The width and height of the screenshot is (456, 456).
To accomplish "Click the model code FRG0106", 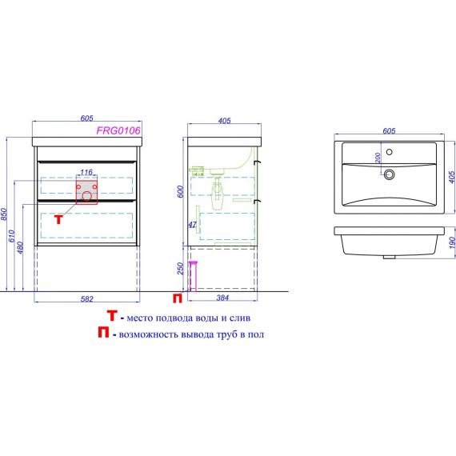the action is pyautogui.click(x=118, y=130).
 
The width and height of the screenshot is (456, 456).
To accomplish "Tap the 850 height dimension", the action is pyautogui.click(x=4, y=214).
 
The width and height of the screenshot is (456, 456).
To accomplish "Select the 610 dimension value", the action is pyautogui.click(x=12, y=236).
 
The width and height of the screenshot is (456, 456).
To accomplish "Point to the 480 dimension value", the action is pyautogui.click(x=20, y=247).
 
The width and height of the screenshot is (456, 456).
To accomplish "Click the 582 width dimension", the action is pyautogui.click(x=87, y=299).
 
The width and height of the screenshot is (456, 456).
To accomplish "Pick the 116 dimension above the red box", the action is pyautogui.click(x=86, y=172).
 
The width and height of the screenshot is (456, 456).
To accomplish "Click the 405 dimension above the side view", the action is pyautogui.click(x=224, y=120).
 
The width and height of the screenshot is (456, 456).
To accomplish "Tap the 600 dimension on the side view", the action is pyautogui.click(x=181, y=192).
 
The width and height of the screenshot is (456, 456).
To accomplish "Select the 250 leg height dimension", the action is pyautogui.click(x=181, y=268).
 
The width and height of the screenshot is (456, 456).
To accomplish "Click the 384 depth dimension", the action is pyautogui.click(x=222, y=298).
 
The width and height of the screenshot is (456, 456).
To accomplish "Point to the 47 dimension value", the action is pyautogui.click(x=192, y=225).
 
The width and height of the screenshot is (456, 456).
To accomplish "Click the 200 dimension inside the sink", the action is pyautogui.click(x=378, y=158).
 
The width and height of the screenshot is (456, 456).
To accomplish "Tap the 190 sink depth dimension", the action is pyautogui.click(x=452, y=242).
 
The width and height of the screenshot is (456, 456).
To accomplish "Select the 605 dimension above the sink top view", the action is pyautogui.click(x=389, y=131).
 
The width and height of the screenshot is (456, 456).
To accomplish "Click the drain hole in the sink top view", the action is pyautogui.click(x=389, y=174).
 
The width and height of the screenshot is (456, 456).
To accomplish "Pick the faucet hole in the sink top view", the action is pyautogui.click(x=389, y=152).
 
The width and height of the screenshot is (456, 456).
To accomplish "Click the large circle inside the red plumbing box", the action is pyautogui.click(x=86, y=196).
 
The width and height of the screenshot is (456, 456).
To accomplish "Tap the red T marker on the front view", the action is pyautogui.click(x=58, y=219).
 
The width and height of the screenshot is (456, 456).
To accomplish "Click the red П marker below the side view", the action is pyautogui.click(x=178, y=298).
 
